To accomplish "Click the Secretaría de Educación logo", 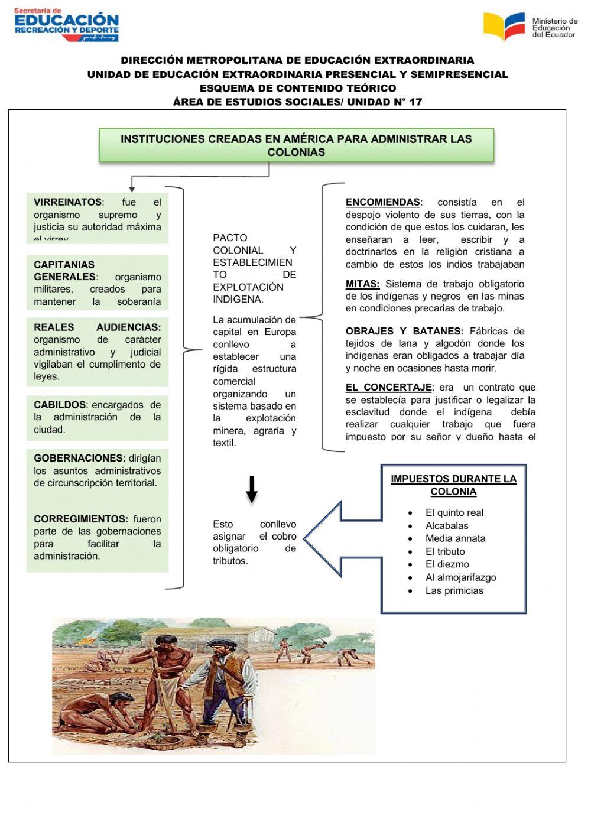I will click(x=66, y=25).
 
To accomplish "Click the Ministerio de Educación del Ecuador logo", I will click(x=530, y=27).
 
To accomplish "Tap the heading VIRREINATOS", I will click(x=67, y=202).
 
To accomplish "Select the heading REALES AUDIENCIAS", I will click(x=97, y=327).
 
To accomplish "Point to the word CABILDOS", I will click(x=60, y=405).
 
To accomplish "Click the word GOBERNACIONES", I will click(x=79, y=458).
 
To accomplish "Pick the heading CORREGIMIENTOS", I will click(x=81, y=519).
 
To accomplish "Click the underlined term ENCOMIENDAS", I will click(x=382, y=202).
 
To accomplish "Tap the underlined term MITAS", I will click(x=362, y=284).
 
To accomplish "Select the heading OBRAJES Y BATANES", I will click(x=405, y=331).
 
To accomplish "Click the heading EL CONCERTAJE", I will click(x=388, y=387).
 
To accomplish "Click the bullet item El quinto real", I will click(x=454, y=512).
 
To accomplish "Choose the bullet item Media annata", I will click(x=455, y=538).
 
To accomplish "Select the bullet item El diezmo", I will click(x=447, y=564).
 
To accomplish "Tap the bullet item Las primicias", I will click(x=454, y=590).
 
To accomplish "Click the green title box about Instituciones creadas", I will click(x=296, y=145).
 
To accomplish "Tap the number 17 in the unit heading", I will click(x=415, y=102).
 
